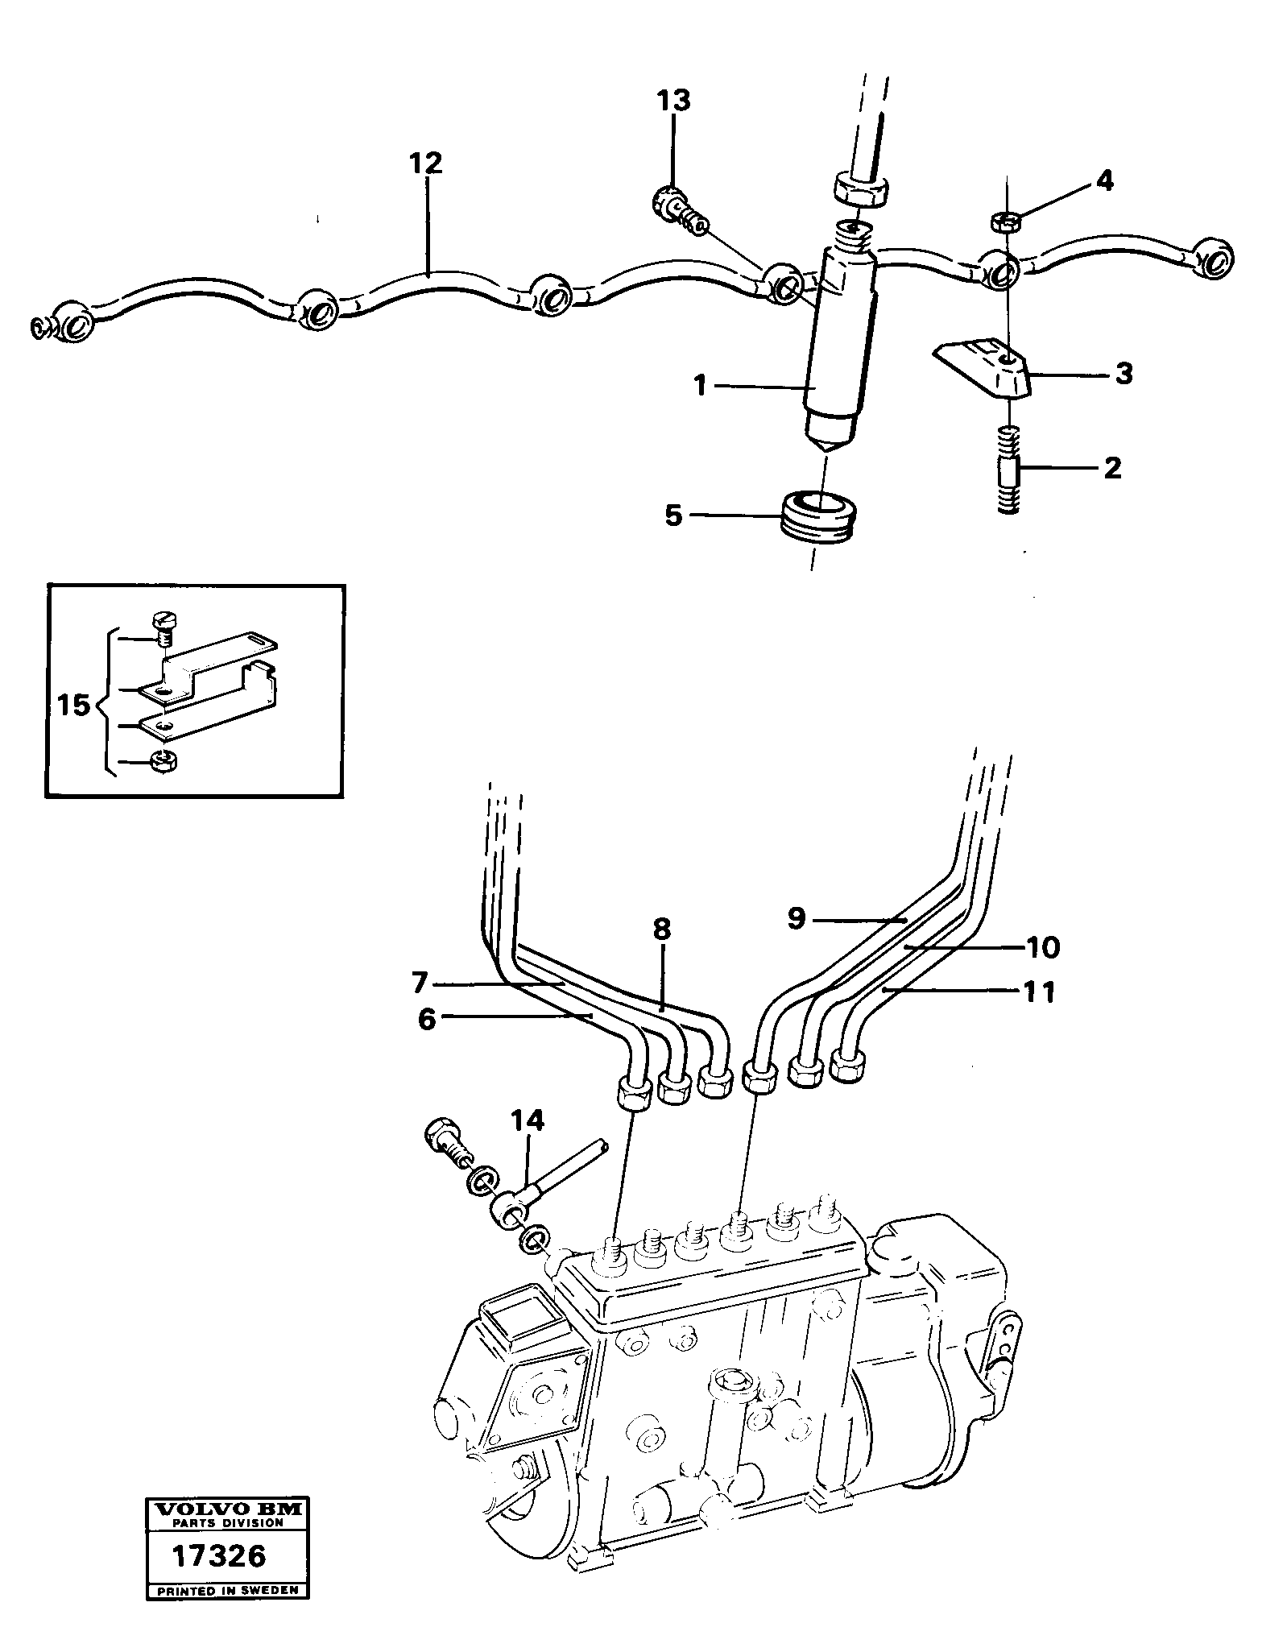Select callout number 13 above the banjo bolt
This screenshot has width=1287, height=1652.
672,101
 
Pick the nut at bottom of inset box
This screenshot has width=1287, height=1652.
164,760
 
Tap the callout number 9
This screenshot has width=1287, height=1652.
796,918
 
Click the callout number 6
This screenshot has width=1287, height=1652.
427,1019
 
